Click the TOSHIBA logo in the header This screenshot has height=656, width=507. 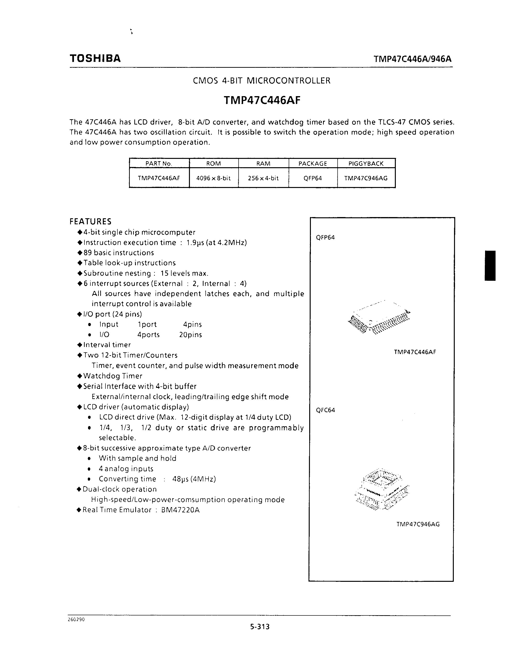[95, 58]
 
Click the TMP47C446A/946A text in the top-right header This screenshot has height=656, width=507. [412, 59]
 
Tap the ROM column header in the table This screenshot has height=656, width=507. [214, 164]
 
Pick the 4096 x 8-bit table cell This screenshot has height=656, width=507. [213, 178]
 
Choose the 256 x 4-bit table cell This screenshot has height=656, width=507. [263, 178]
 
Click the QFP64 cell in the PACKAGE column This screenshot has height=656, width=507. [313, 178]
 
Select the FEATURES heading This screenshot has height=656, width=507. [90, 222]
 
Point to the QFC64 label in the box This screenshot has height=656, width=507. [325, 410]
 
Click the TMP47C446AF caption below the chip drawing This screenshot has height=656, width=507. [415, 352]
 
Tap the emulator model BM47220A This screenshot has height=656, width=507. [180, 510]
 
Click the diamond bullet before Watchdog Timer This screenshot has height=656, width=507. [80, 376]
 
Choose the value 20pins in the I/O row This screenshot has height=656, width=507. [190, 335]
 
